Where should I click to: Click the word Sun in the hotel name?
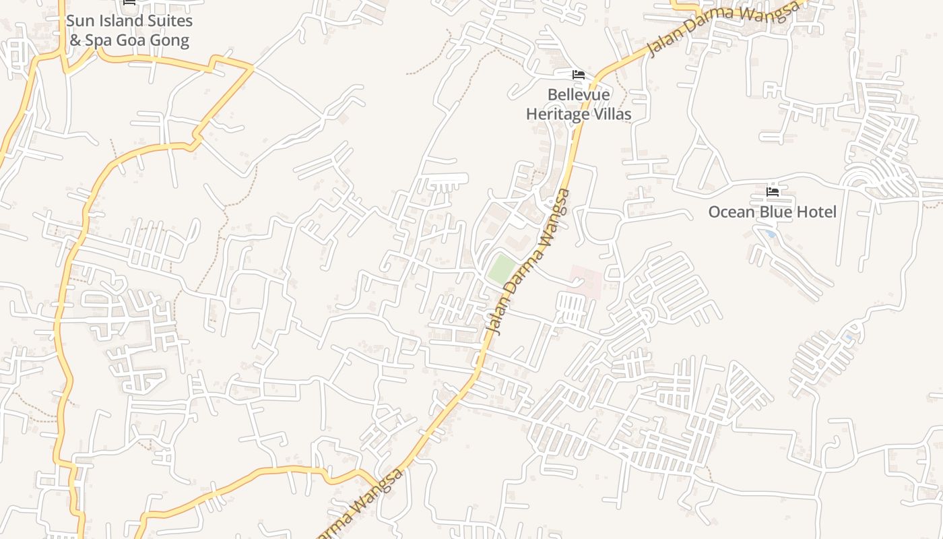(81, 21)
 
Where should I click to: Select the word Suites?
(170, 21)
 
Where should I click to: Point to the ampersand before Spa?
(75, 40)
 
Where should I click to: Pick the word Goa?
(133, 40)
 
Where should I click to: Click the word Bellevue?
(579, 95)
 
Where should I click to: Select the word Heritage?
(556, 114)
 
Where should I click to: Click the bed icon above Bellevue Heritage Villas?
(578, 74)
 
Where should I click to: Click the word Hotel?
(816, 212)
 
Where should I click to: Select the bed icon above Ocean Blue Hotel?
(773, 192)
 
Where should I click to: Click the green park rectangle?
(501, 268)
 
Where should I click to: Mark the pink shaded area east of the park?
(585, 281)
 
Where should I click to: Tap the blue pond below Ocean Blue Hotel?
(769, 234)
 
